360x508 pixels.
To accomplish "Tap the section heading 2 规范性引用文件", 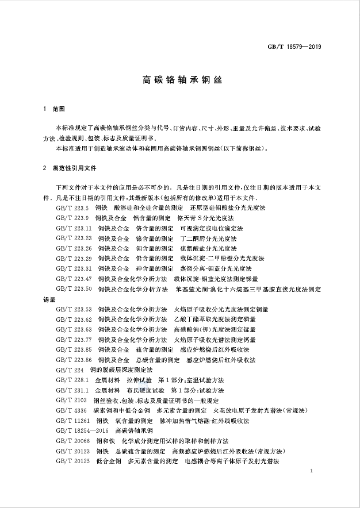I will pyautogui.click(x=70, y=170).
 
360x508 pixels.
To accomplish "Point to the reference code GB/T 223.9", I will pyautogui.click(x=73, y=218).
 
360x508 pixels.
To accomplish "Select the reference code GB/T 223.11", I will pyautogui.click(x=74, y=228).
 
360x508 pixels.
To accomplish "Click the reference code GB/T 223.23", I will pyautogui.click(x=74, y=238).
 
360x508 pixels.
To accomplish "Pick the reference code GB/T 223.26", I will pyautogui.click(x=74, y=248).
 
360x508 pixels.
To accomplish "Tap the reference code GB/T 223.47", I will pyautogui.click(x=74, y=278).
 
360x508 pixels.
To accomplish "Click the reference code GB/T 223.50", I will pyautogui.click(x=74, y=288).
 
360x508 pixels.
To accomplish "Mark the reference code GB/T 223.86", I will pyautogui.click(x=74, y=360).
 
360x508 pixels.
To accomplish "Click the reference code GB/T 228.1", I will pyautogui.click(x=73, y=380).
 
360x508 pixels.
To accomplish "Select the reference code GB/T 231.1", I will pyautogui.click(x=73, y=390).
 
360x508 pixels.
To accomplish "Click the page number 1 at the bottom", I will pyautogui.click(x=311, y=471).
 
